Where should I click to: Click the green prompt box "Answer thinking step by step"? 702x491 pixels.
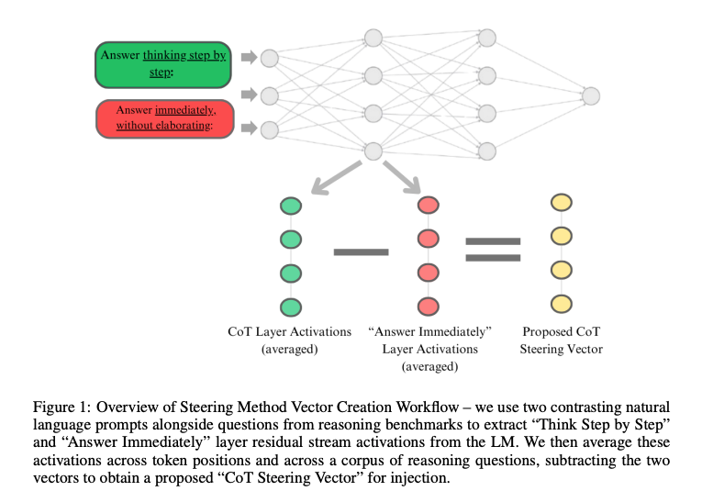(163, 63)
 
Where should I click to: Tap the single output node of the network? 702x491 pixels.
(590, 95)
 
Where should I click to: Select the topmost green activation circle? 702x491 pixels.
(291, 206)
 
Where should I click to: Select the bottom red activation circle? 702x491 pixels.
(428, 306)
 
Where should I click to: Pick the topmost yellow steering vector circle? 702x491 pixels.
(560, 203)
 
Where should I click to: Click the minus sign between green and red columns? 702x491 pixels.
(361, 251)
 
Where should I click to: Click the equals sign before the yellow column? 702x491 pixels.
(493, 249)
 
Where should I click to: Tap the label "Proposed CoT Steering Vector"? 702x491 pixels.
(560, 340)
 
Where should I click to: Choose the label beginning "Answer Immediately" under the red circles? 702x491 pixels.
(429, 348)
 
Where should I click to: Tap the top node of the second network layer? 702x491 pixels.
(373, 39)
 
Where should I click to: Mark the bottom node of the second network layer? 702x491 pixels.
(373, 151)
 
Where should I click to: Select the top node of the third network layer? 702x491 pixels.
(487, 39)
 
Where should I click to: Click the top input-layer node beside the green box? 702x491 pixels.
(269, 58)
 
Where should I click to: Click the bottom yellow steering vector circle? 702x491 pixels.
(560, 303)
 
